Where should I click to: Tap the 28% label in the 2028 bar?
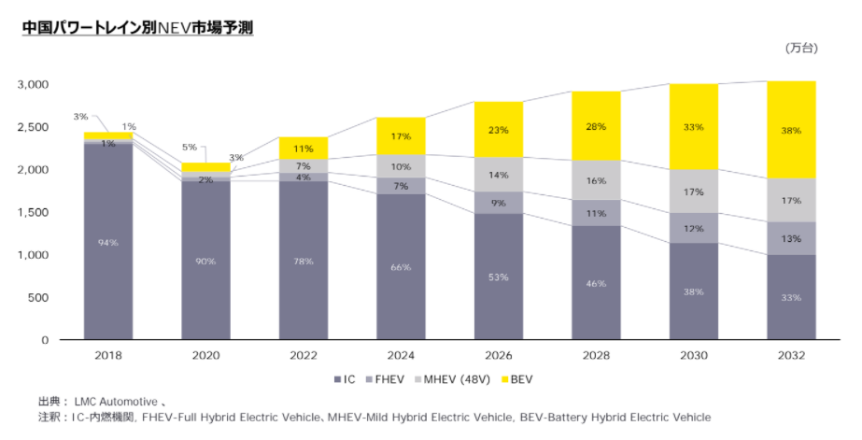coord(596,126)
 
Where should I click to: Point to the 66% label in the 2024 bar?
coord(401,268)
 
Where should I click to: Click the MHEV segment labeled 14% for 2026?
coord(498,175)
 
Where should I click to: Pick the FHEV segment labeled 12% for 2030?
coord(694,228)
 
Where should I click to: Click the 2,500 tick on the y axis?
coord(33,126)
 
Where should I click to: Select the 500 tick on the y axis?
coord(38,297)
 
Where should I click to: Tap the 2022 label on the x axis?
coord(304,356)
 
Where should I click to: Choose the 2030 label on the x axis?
coord(694,356)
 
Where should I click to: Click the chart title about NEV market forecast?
coord(137,28)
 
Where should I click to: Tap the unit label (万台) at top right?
coord(800,48)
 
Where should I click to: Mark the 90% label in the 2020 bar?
coord(205,262)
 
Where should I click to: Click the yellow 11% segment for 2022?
coord(304,149)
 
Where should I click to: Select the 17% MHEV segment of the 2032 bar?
coord(791,200)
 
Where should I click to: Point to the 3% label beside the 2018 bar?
coord(80,117)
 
